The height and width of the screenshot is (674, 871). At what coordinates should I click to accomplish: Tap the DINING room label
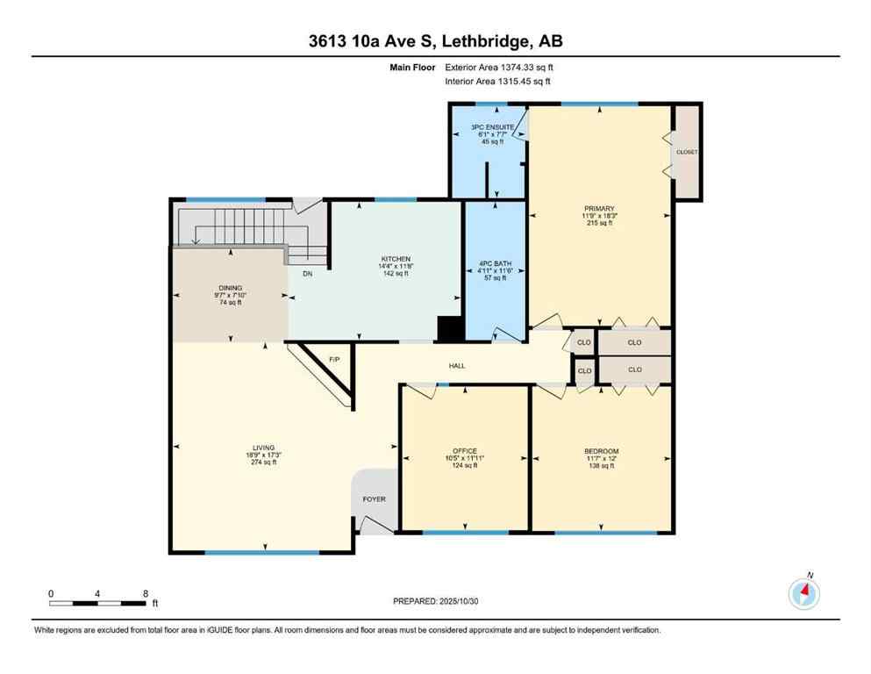(x=231, y=287)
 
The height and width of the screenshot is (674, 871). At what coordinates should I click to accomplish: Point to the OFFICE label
(x=464, y=451)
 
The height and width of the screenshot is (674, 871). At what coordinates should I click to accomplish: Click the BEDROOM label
(x=602, y=451)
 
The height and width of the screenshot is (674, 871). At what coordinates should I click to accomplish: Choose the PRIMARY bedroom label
(x=600, y=209)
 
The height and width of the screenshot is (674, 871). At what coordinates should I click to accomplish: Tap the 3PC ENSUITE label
(x=487, y=128)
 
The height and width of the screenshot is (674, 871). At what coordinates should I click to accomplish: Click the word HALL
(x=457, y=366)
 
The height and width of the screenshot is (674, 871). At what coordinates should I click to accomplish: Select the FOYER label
(x=375, y=499)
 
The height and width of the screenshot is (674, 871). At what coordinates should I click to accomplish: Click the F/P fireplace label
(x=334, y=360)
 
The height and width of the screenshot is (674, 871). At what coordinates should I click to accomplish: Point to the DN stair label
(x=307, y=274)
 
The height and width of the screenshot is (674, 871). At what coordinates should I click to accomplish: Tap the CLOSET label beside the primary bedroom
(x=687, y=152)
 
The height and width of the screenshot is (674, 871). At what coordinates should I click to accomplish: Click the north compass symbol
(x=803, y=594)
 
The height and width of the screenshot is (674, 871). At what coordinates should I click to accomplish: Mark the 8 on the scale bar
(x=145, y=593)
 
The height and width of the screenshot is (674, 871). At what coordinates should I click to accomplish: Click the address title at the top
(x=435, y=42)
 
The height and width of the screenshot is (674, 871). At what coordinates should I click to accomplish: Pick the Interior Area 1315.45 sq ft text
(x=498, y=82)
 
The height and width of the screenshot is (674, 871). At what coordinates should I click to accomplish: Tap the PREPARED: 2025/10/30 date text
(x=436, y=601)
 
